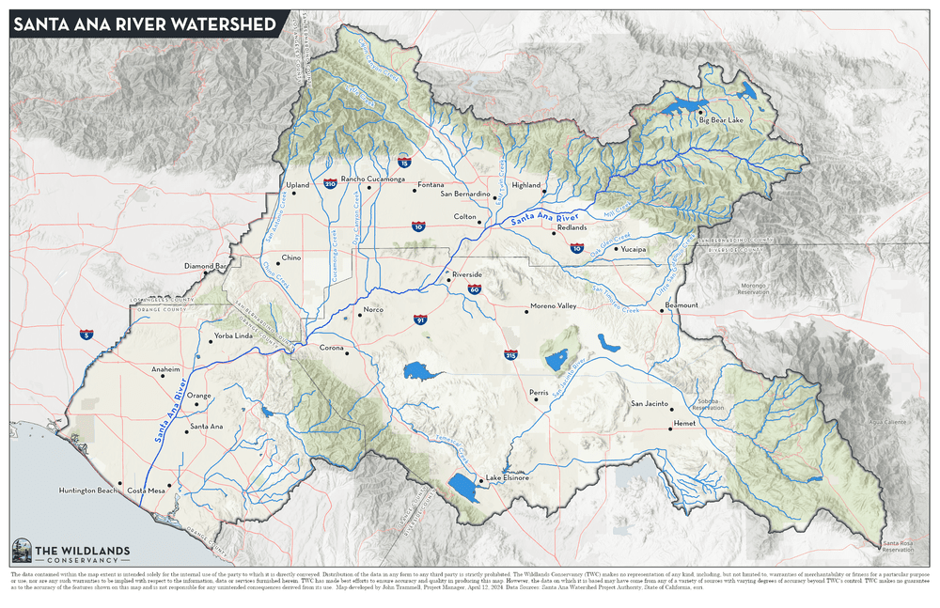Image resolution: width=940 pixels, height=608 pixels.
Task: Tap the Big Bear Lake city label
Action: (721, 120)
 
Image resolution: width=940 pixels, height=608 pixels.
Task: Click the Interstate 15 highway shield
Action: (403, 162)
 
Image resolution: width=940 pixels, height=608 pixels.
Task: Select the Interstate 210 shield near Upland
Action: (330, 184)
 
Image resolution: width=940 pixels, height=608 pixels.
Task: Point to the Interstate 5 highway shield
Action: (86, 334)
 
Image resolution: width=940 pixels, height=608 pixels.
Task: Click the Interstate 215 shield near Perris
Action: (510, 355)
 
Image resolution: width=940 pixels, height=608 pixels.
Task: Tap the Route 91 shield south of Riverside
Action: (419, 320)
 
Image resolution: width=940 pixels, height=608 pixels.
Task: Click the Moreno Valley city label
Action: (554, 306)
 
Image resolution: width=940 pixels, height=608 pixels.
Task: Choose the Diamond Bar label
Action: (205, 266)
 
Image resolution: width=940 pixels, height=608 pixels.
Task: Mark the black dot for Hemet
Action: (670, 429)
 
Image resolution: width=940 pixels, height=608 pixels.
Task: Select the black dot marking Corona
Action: (347, 352)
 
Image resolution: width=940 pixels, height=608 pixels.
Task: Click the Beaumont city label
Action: (681, 305)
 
